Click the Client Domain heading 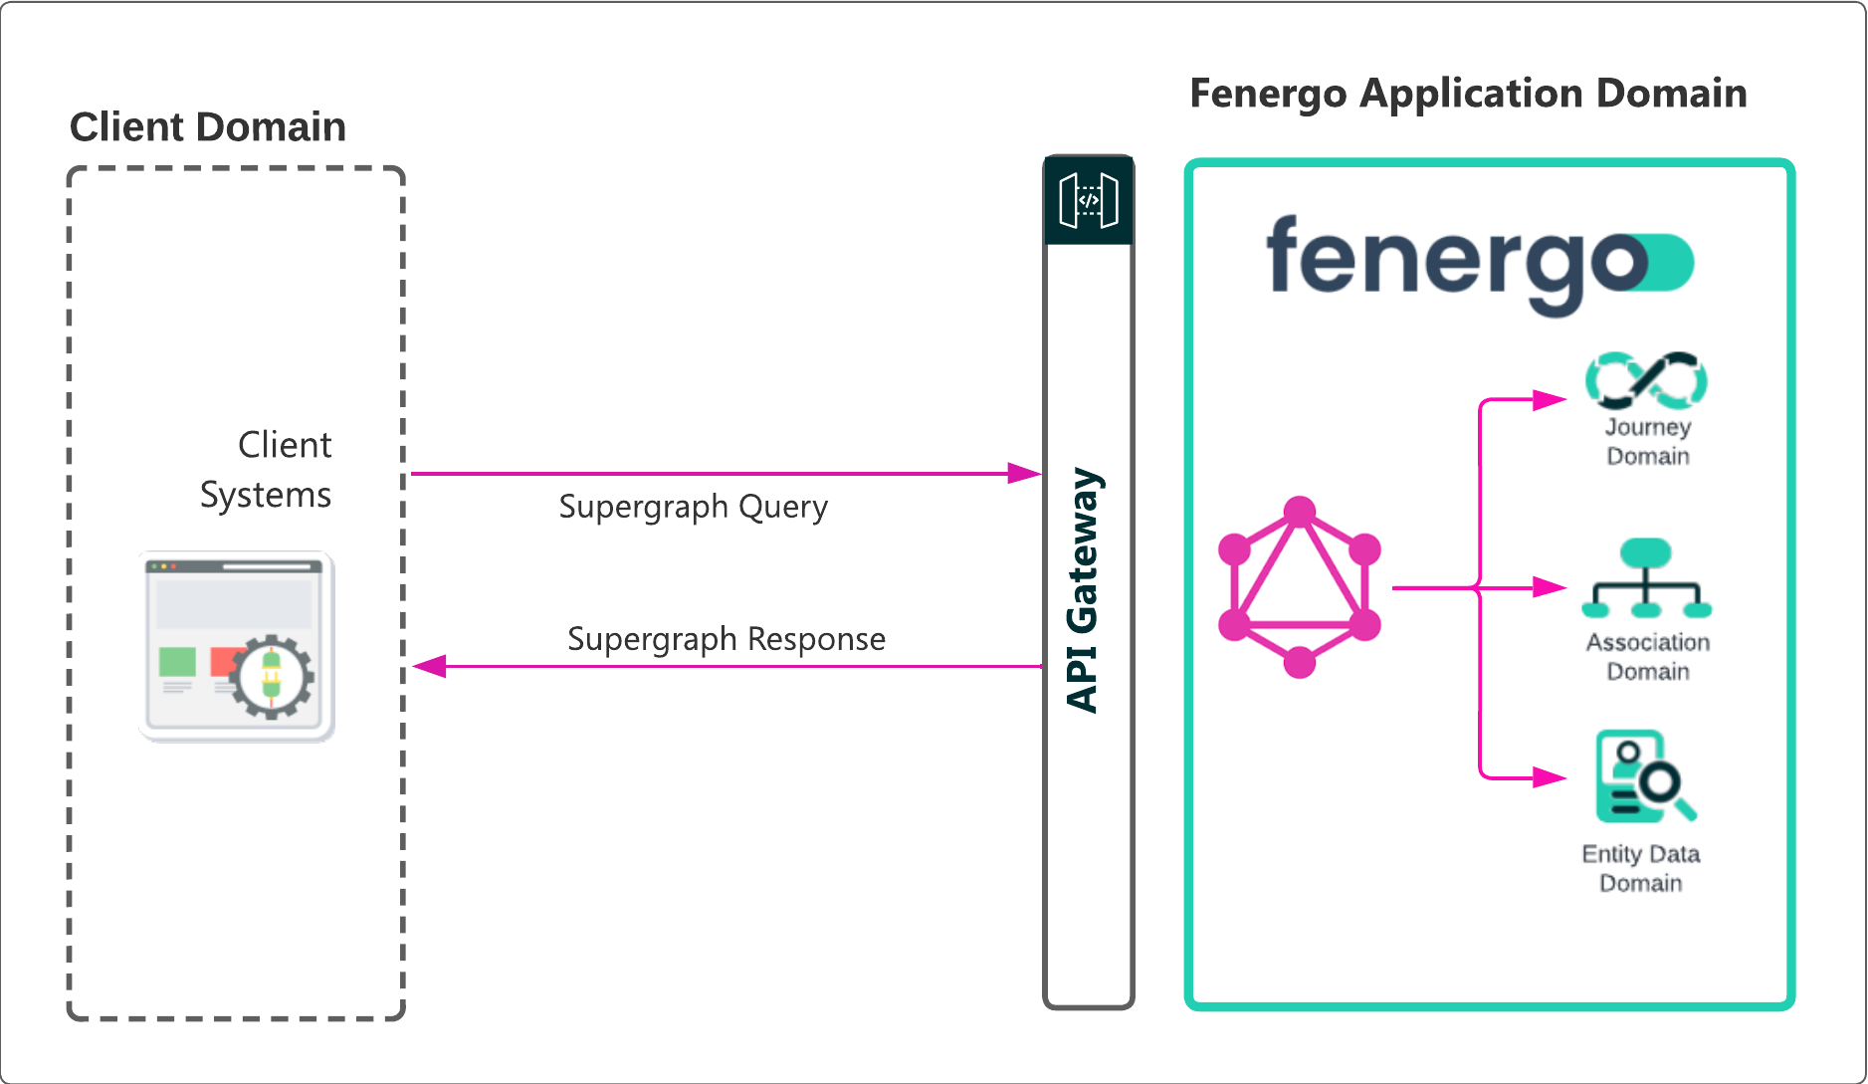pyautogui.click(x=208, y=127)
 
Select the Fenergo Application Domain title pyautogui.click(x=1468, y=94)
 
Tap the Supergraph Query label pyautogui.click(x=693, y=507)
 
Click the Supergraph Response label pyautogui.click(x=726, y=639)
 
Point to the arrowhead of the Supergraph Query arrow pyautogui.click(x=1025, y=474)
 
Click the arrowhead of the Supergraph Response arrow pyautogui.click(x=430, y=666)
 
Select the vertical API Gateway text pyautogui.click(x=1084, y=589)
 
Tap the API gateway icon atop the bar pyautogui.click(x=1089, y=201)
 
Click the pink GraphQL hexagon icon pyautogui.click(x=1300, y=587)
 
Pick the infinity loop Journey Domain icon pyautogui.click(x=1647, y=380)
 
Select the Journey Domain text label pyautogui.click(x=1648, y=442)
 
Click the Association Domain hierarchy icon pyautogui.click(x=1647, y=579)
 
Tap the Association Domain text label pyautogui.click(x=1648, y=657)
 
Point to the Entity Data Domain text pyautogui.click(x=1641, y=869)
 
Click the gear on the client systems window pyautogui.click(x=273, y=677)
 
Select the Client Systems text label pyautogui.click(x=267, y=470)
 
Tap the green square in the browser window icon pyautogui.click(x=177, y=662)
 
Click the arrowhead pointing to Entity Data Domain pyautogui.click(x=1551, y=776)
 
